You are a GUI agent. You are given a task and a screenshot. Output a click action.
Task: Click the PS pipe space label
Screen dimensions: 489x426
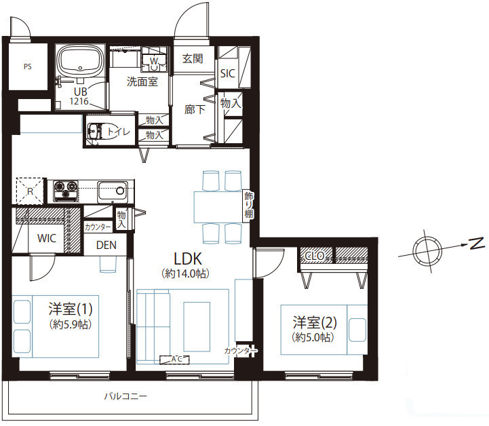point(28,66)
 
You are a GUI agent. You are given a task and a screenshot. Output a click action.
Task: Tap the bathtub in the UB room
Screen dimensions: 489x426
point(81,61)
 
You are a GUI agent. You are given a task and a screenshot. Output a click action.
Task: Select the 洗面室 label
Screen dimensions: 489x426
point(142,81)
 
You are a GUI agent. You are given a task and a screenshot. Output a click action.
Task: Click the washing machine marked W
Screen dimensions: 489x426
point(154,60)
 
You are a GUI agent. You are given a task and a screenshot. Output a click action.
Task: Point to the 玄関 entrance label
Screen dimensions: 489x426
point(193,58)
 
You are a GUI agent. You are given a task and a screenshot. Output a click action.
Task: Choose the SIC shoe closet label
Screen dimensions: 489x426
point(227,73)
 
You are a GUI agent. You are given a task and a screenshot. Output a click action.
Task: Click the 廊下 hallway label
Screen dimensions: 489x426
point(195,109)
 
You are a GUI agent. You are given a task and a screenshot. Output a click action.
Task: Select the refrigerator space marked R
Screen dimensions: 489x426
point(30,191)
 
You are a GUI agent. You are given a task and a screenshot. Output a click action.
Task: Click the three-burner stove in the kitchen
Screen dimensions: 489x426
point(66,191)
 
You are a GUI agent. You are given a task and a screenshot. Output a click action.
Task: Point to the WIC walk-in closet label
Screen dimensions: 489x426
point(47,239)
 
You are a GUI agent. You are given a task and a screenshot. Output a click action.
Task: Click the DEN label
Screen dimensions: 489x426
point(106,245)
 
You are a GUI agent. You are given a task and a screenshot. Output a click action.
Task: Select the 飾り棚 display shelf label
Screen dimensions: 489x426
point(248,205)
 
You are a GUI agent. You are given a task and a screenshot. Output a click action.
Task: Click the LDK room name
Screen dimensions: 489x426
point(188,259)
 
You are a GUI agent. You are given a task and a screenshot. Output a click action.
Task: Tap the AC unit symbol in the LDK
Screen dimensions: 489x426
point(175,360)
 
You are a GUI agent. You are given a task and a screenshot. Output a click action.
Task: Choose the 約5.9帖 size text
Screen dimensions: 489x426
point(71,325)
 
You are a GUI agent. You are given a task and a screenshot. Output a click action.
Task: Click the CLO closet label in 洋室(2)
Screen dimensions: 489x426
point(315,256)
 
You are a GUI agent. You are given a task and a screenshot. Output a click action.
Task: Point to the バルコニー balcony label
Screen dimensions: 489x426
point(125,396)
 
